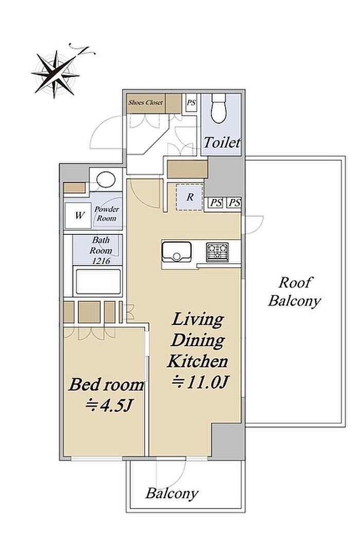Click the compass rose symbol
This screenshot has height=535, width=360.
[x=56, y=74]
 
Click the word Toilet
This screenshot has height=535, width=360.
[x=222, y=142]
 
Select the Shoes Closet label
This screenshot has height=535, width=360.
[x=146, y=102]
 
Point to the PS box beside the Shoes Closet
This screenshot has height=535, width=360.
[x=191, y=102]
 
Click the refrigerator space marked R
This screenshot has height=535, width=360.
[x=190, y=197]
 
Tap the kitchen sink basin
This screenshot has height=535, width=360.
[x=176, y=252]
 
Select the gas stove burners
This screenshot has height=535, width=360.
[x=217, y=252]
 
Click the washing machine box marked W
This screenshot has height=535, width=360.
[x=79, y=215]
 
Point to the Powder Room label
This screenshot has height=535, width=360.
[x=106, y=214]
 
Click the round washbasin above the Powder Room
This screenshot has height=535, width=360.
[x=106, y=179]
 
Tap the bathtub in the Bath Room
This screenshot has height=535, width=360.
[x=98, y=282]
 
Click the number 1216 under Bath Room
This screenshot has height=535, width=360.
[x=101, y=261]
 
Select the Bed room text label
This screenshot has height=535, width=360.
[x=106, y=385]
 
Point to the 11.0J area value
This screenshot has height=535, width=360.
[x=200, y=383]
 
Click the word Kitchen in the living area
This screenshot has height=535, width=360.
[x=197, y=361]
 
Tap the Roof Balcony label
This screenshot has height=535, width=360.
[x=294, y=292]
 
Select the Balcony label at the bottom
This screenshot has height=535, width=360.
[x=172, y=494]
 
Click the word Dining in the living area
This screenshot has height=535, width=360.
[x=198, y=340]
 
